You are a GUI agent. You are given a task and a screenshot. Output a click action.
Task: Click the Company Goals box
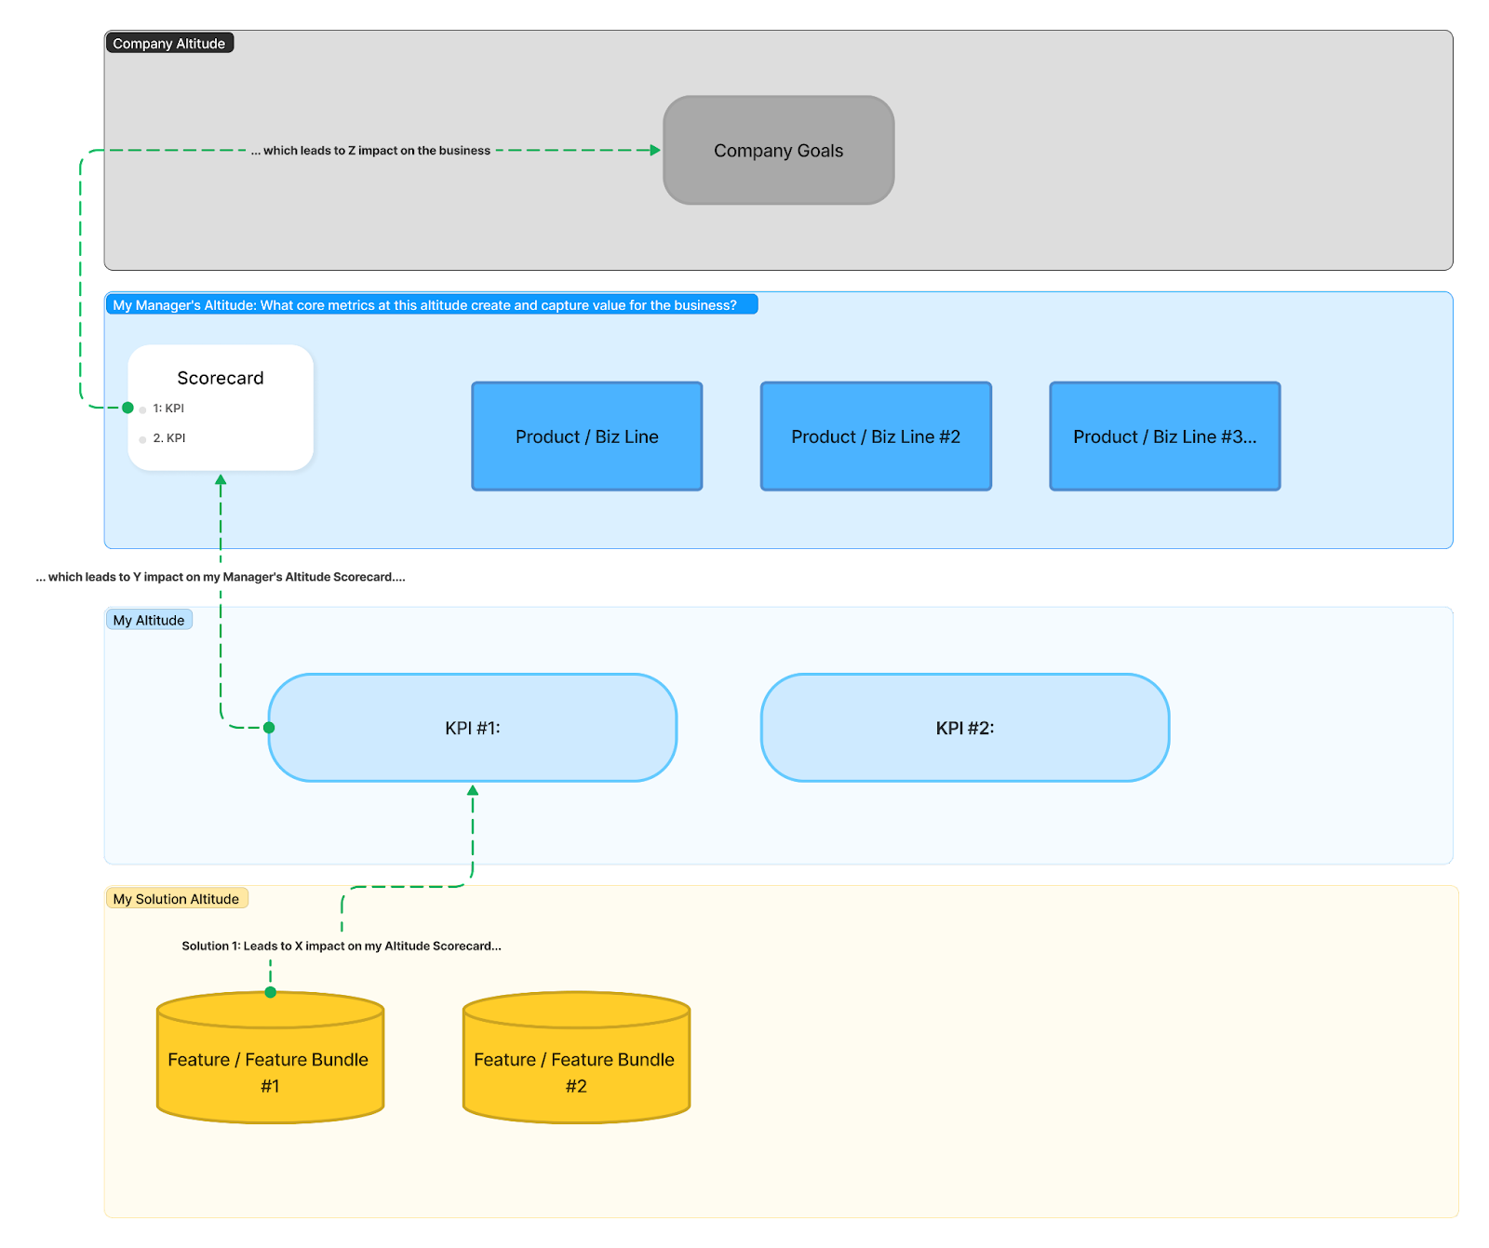[x=778, y=150]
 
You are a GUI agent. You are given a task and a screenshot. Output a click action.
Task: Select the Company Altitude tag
[x=168, y=43]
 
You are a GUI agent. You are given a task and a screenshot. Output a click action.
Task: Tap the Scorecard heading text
[x=221, y=378]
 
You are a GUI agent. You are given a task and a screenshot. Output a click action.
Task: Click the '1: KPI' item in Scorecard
[x=168, y=409]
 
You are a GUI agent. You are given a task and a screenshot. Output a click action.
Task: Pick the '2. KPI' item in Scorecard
[x=169, y=438]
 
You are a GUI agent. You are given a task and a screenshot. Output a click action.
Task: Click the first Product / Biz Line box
[x=586, y=436]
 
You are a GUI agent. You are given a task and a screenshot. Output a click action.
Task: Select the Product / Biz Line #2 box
[x=876, y=436]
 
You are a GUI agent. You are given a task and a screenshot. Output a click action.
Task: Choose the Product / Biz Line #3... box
[x=1164, y=436]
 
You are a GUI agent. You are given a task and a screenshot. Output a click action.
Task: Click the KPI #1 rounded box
[x=472, y=728]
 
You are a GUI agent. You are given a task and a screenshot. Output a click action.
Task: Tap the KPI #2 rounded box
[x=964, y=728]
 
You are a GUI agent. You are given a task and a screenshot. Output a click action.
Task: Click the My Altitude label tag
[x=149, y=620]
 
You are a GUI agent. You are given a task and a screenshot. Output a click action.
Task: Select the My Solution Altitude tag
[x=176, y=899]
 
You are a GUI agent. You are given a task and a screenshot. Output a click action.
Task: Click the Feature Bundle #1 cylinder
[x=270, y=1070]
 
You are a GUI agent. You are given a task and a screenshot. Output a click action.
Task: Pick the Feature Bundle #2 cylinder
[x=576, y=1070]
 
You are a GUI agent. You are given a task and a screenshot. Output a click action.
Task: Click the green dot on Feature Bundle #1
[x=271, y=992]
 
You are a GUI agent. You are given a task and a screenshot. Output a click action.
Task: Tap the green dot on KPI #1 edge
[x=269, y=728]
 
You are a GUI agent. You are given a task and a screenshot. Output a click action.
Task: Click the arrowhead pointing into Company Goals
[x=655, y=150]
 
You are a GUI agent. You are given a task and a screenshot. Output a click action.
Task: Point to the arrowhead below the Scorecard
[x=221, y=480]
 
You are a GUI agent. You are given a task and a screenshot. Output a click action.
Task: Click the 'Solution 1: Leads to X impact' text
[x=341, y=946]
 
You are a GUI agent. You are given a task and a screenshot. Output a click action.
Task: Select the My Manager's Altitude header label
[x=424, y=305]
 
